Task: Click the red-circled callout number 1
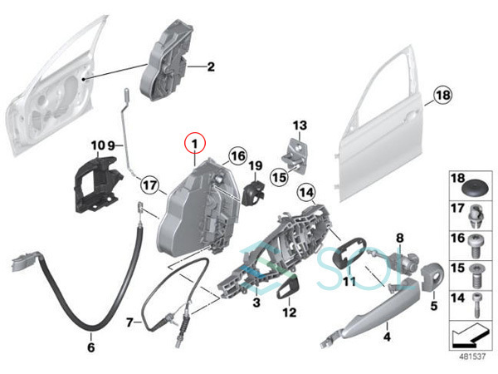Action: pos(195,144)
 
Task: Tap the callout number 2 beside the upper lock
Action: pos(211,66)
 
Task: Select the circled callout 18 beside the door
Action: pos(443,95)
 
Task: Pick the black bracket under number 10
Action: pos(96,185)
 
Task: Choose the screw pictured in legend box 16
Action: pos(475,246)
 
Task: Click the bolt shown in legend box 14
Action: pos(476,305)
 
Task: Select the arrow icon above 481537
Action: pos(470,337)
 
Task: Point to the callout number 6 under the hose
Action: pos(91,347)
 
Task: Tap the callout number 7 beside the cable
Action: pos(129,322)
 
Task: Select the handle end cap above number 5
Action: pos(431,276)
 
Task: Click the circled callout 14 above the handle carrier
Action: pos(306,193)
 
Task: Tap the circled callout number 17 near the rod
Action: pos(150,185)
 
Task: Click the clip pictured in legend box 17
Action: pos(475,216)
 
